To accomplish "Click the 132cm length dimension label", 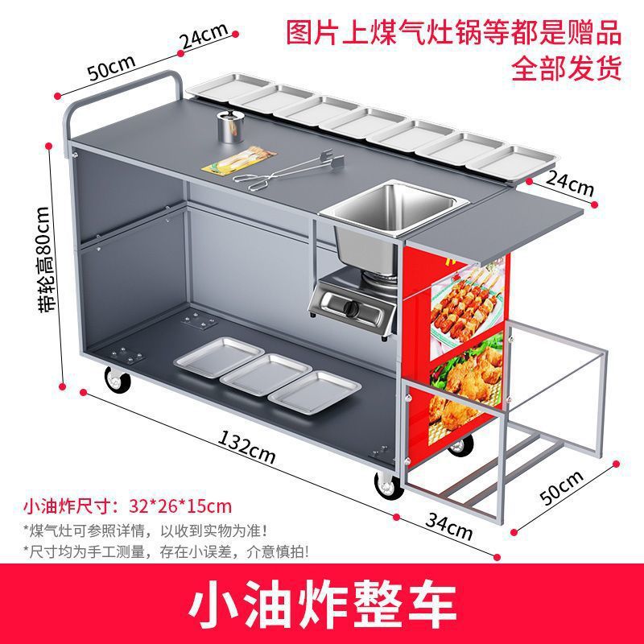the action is (x=246, y=447).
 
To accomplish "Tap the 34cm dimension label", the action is (x=449, y=527).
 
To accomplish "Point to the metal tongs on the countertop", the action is (x=288, y=170).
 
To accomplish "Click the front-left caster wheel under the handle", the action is (x=118, y=379).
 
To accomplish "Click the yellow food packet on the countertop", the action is (x=239, y=160).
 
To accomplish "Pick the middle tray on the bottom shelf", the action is (x=266, y=374).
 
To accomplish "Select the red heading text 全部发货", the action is (x=566, y=68).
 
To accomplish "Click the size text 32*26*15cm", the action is (x=180, y=506).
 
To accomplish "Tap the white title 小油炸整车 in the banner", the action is (x=323, y=604).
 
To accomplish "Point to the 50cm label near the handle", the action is (x=111, y=67).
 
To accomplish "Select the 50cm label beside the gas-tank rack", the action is (x=562, y=488).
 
